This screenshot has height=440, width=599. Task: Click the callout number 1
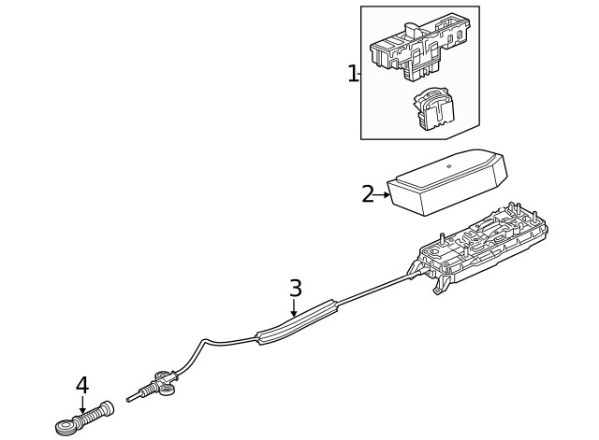[353, 74]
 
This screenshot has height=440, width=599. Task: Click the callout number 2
[368, 194]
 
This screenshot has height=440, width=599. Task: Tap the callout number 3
[295, 288]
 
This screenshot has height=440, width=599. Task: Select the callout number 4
[82, 385]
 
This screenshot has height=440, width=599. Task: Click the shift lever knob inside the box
[412, 30]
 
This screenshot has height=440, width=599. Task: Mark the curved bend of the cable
[199, 350]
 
